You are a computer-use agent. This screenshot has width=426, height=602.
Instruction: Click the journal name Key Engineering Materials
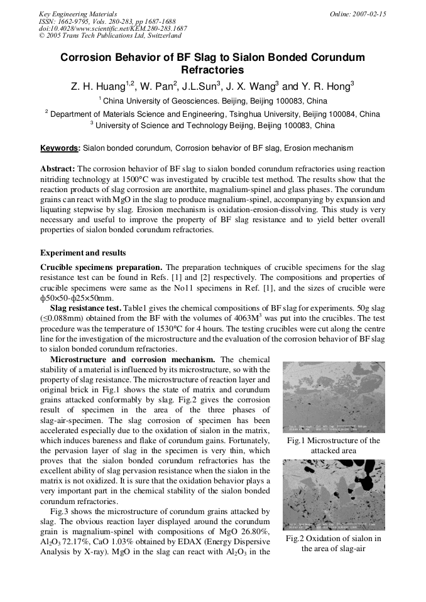click(77, 14)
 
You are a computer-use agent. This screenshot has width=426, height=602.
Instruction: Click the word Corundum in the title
click(334, 58)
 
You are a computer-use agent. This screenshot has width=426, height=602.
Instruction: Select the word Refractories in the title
click(212, 70)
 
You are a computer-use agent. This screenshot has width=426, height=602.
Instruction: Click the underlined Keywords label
click(60, 148)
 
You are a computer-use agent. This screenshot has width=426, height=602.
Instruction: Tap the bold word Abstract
click(58, 169)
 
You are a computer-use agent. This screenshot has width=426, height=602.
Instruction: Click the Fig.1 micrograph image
click(334, 397)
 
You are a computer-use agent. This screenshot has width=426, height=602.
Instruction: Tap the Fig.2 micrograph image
click(334, 494)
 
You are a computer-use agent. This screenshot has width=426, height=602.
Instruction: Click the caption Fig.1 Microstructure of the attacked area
click(334, 446)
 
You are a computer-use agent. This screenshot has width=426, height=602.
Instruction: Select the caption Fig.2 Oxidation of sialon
click(334, 544)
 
